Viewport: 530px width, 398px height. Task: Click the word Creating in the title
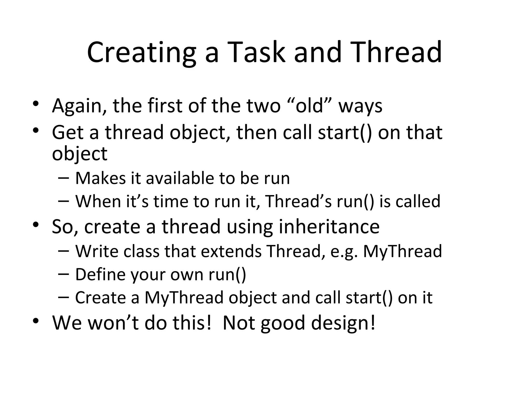(141, 53)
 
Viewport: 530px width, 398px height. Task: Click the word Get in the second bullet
(68, 132)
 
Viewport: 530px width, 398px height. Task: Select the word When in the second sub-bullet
(98, 201)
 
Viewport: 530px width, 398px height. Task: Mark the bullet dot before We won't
(36, 321)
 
